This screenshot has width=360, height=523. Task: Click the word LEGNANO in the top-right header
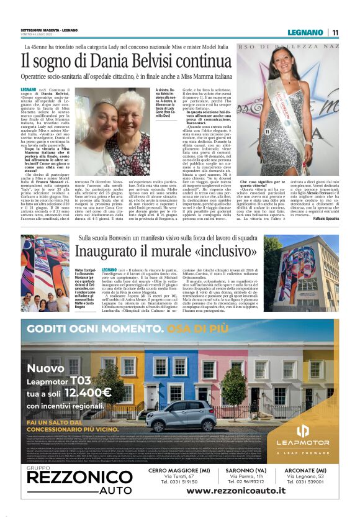pyautogui.click(x=304, y=32)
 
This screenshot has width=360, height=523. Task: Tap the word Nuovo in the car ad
pyautogui.click(x=45, y=368)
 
